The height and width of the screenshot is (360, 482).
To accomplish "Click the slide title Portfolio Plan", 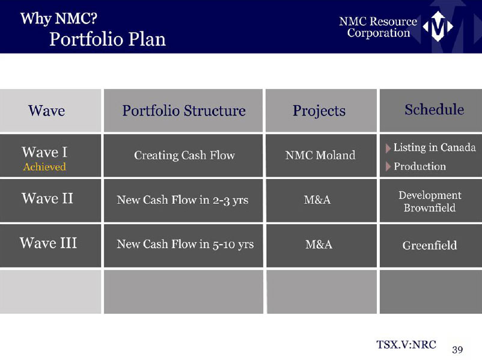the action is (x=108, y=39).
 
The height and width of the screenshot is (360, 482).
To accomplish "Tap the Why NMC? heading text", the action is (x=59, y=19).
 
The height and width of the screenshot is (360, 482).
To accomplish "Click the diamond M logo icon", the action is (x=438, y=26).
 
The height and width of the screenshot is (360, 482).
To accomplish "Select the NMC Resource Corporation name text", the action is (x=378, y=27).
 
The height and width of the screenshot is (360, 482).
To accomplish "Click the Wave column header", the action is (x=47, y=111).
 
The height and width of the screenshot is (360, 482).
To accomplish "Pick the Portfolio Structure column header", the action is (x=184, y=111).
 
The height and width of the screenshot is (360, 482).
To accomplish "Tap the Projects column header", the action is (x=319, y=111).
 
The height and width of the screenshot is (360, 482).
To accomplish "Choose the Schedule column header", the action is (x=435, y=109).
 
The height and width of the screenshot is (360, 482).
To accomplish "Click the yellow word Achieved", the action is (x=44, y=166).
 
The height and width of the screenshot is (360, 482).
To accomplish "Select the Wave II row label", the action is (x=47, y=198).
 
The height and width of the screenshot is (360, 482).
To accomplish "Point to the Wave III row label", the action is (x=48, y=243).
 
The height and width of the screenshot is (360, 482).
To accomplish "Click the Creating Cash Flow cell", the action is (x=184, y=155).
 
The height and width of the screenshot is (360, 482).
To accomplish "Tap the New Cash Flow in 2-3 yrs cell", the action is (x=183, y=200).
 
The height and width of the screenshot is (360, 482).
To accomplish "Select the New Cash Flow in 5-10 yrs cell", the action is (x=185, y=245).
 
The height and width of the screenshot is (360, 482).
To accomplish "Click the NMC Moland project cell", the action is (x=320, y=155).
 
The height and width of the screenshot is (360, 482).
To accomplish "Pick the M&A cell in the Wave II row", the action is (x=317, y=200).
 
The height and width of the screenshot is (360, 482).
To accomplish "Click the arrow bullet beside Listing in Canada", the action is (x=388, y=148).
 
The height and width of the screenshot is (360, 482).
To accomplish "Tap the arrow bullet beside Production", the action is (x=388, y=166).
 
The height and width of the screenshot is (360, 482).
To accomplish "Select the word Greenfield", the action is (x=430, y=245).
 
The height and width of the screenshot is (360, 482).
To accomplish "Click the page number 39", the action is (x=457, y=350).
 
